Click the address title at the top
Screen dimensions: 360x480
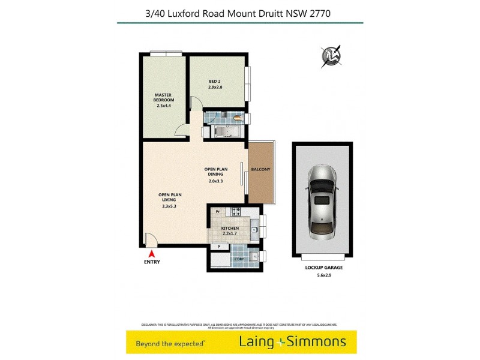pyautogui.click(x=239, y=11)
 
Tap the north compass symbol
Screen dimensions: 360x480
pyautogui.click(x=332, y=56)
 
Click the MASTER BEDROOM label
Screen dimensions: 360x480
pyautogui.click(x=164, y=97)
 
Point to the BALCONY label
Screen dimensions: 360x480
pyautogui.click(x=260, y=169)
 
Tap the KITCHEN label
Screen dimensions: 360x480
pyautogui.click(x=230, y=229)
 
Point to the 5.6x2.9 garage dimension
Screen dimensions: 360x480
pyautogui.click(x=322, y=276)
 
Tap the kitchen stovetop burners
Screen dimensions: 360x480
pyautogui.click(x=236, y=212)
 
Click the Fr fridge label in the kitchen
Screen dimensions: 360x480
pyautogui.click(x=217, y=212)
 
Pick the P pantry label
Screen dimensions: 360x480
pyautogui.click(x=219, y=246)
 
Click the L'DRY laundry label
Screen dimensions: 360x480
pyautogui.click(x=240, y=259)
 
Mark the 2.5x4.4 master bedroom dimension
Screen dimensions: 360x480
pyautogui.click(x=164, y=106)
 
